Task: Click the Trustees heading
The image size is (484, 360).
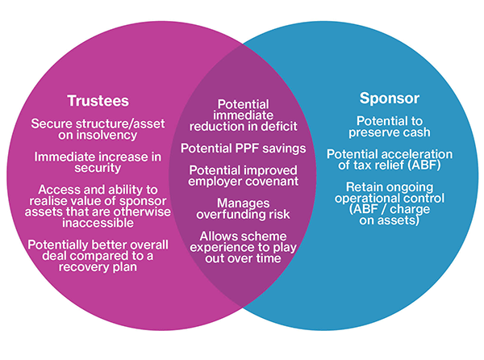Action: (98, 101)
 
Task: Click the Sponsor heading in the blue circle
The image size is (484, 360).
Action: (390, 98)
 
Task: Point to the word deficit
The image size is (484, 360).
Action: (279, 126)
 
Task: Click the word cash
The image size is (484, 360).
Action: (416, 132)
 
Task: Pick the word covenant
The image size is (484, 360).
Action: (272, 182)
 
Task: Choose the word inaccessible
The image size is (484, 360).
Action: (98, 223)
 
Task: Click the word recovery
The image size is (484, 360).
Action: (83, 266)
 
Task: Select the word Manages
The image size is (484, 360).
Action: (244, 203)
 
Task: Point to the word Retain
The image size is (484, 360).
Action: (362, 187)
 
